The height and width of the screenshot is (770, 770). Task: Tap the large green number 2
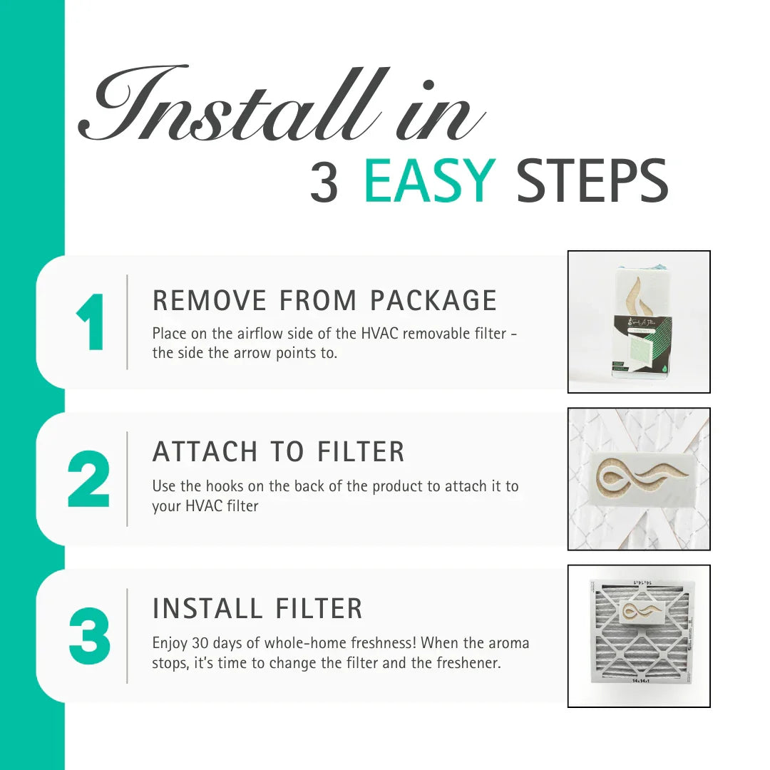click(x=89, y=479)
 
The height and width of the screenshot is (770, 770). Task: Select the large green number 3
click(x=90, y=636)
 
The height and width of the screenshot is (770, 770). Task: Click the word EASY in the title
click(x=429, y=181)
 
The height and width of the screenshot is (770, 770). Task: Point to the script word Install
click(x=235, y=107)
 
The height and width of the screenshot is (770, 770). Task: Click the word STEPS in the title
click(x=592, y=181)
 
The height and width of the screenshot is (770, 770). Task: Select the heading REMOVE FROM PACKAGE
click(x=324, y=301)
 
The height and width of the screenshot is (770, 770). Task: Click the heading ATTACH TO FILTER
click(x=278, y=452)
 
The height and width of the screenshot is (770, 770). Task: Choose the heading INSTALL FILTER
click(x=257, y=609)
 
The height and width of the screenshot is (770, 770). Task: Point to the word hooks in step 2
click(x=224, y=486)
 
